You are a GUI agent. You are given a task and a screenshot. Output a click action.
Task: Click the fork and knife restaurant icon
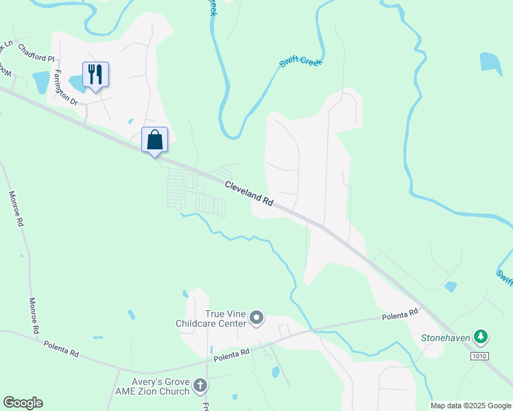coord(95,73)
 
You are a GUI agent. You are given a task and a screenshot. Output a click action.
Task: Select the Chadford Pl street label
coord(36,53)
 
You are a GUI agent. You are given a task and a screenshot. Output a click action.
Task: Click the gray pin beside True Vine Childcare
coord(257,316)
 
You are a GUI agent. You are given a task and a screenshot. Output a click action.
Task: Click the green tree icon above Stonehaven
coord(482,336)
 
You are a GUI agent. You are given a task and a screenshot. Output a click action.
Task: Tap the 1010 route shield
coord(479,356)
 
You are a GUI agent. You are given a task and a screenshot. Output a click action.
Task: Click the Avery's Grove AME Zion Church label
coord(154,386)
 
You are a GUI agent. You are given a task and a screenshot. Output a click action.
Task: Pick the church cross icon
coord(200,386)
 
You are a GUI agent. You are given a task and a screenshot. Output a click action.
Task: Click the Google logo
coord(23,403)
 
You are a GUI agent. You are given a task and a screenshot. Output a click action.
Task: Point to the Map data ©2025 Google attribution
coord(471,406)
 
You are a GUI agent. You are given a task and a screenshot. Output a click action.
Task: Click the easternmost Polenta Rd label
coord(400,315)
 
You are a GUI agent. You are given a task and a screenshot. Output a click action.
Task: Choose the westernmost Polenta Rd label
coord(62,347)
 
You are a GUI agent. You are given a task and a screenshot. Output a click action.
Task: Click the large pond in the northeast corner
coord(491,62)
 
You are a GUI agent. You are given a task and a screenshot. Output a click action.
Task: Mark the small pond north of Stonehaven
coord(451,286)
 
